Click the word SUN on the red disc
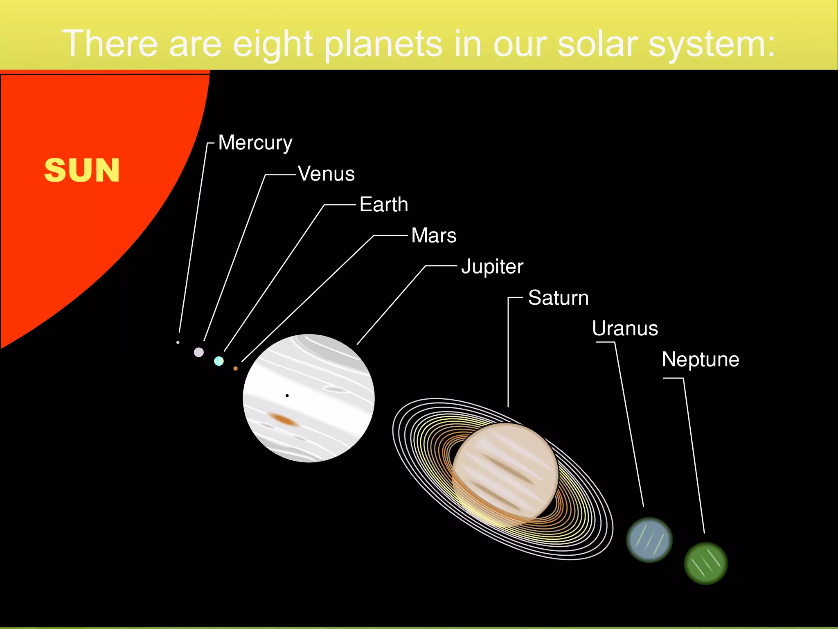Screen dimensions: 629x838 click(82, 170)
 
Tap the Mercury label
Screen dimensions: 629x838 click(255, 143)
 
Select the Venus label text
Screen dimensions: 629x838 click(326, 174)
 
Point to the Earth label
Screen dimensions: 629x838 click(383, 204)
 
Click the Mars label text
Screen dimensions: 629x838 click(434, 235)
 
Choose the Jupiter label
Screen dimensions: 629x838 click(492, 267)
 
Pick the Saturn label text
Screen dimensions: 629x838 click(558, 298)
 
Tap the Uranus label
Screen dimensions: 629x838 click(625, 328)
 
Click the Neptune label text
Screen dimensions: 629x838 click(701, 360)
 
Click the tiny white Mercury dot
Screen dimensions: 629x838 click(178, 342)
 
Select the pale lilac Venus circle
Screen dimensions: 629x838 click(199, 352)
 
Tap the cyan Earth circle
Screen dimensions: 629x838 click(219, 361)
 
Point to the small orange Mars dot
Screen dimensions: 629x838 click(235, 369)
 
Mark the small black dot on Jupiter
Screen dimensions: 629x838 click(287, 396)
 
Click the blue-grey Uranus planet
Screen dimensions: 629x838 click(649, 540)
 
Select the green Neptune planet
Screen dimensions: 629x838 click(705, 563)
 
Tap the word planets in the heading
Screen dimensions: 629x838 click(383, 44)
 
